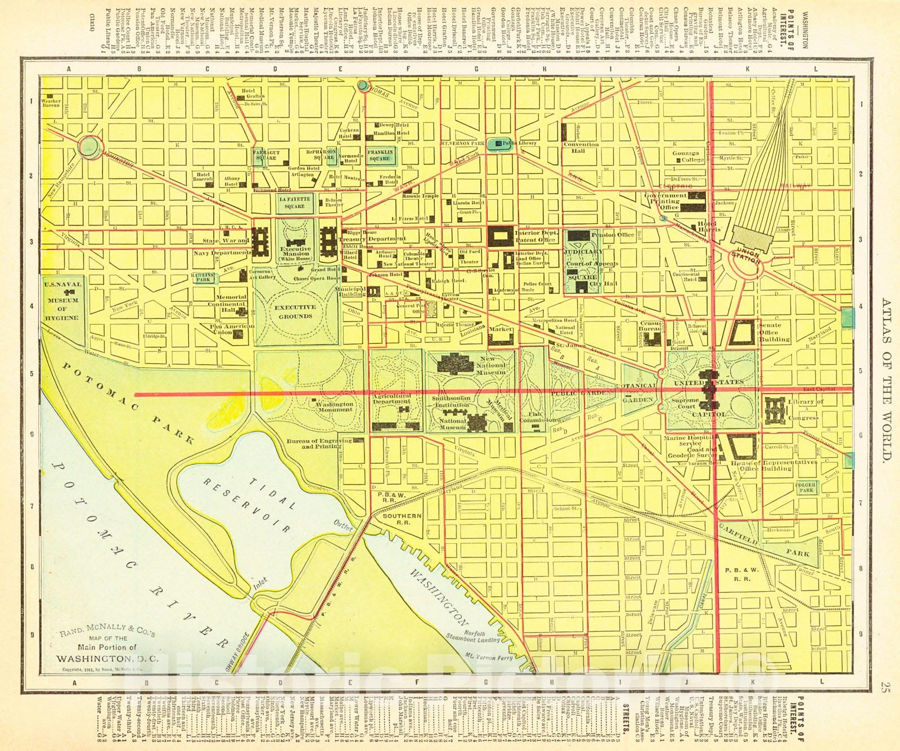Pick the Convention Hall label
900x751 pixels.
[x=581, y=147]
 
